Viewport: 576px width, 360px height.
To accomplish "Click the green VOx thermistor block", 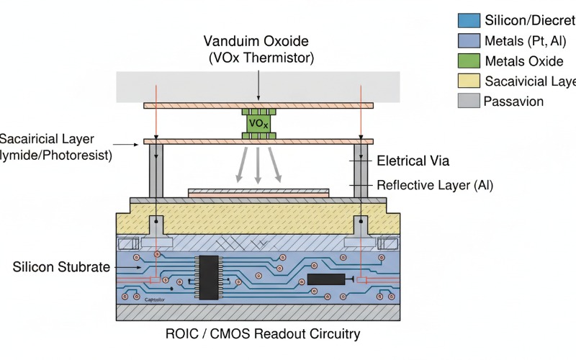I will point(258,123).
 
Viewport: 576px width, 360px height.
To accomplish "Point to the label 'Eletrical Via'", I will point(413,161).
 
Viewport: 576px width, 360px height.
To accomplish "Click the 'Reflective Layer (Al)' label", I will point(435,186).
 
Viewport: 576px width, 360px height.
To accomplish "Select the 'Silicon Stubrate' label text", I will point(61,267).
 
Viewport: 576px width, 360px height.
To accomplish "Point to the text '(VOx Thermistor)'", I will point(258,58).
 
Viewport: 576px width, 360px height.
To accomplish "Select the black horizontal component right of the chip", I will point(325,279).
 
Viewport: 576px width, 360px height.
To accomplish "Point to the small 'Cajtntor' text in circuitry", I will point(155,299).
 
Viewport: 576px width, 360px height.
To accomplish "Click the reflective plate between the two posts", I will point(258,192).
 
